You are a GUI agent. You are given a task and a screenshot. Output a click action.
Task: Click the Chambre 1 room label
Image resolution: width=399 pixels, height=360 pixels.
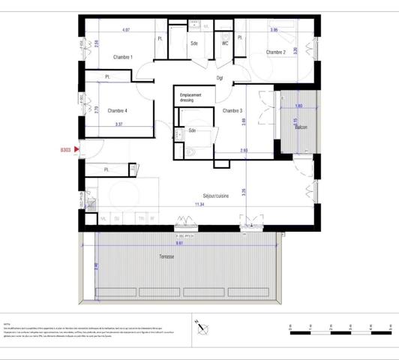[122, 58]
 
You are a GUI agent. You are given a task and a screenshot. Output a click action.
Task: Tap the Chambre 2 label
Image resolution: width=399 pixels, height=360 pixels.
[275, 52]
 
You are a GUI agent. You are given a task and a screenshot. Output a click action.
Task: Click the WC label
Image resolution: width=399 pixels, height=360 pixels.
[224, 43]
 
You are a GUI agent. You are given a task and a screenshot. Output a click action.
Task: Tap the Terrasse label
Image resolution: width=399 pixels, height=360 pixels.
[166, 257]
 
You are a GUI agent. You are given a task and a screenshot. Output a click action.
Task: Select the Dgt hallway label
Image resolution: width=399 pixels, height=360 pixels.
[220, 77]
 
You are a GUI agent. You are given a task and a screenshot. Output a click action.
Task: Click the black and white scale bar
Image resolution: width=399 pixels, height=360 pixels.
[338, 329]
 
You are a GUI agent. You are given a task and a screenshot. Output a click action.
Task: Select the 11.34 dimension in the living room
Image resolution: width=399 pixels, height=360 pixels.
[199, 203]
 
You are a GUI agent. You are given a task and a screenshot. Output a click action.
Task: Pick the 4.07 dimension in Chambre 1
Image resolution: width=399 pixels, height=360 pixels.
[126, 30]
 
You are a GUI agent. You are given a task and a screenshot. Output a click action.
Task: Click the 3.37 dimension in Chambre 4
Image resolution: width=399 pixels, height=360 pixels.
[118, 124]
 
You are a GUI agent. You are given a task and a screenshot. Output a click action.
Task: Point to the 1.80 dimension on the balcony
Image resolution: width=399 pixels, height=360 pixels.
[298, 106]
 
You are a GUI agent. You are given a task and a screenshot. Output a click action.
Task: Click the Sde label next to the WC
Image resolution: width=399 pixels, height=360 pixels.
[193, 43]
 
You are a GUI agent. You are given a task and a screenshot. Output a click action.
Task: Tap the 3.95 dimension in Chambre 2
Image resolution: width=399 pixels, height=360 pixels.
[274, 30]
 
